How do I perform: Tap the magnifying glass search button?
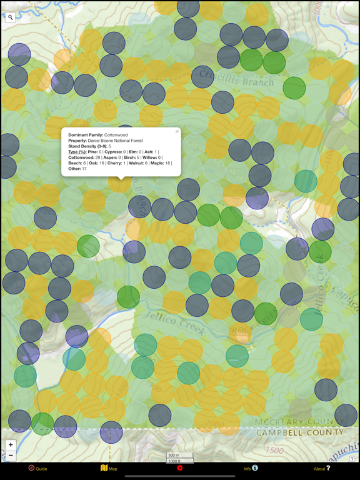[11, 17]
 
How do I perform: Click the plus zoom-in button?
[11, 445]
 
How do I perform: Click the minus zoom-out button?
[11, 456]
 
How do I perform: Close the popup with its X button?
[177, 132]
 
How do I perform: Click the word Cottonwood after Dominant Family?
[116, 135]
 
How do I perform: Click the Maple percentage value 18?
[167, 163]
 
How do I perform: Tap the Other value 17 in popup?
[84, 169]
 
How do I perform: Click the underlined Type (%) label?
[77, 152]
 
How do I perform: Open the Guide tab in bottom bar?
[37, 468]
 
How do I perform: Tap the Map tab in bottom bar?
[109, 468]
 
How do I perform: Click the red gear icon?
[179, 468]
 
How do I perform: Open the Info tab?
[250, 468]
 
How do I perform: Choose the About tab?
[321, 468]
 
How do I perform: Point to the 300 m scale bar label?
[174, 456]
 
